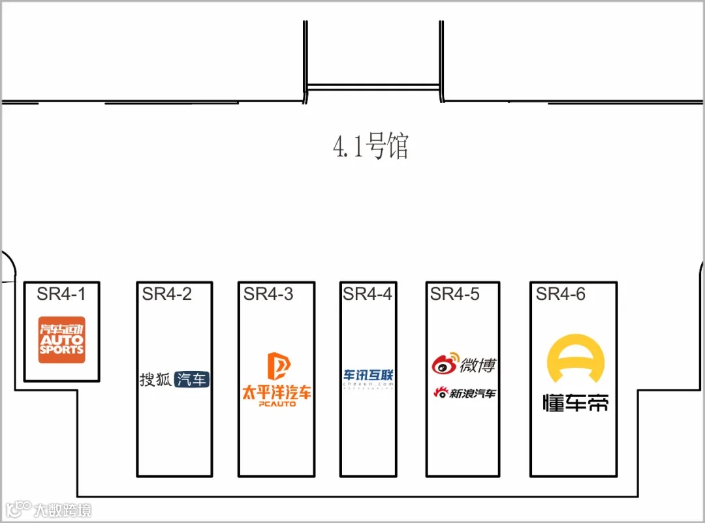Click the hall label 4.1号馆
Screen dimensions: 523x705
[370, 147]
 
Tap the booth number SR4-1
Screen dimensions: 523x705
[61, 294]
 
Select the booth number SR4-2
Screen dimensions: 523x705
[167, 294]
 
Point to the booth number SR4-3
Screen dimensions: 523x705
[268, 294]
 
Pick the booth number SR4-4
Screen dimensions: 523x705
[368, 294]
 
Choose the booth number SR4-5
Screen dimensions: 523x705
[454, 294]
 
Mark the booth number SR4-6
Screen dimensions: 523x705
[561, 294]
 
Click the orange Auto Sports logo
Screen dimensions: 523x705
[62, 340]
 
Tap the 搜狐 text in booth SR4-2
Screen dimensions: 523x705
[155, 380]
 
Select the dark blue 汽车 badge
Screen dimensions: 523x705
[192, 380]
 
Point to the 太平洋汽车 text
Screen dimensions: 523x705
[277, 393]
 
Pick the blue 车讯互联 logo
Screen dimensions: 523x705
[369, 375]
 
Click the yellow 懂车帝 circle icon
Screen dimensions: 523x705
[575, 359]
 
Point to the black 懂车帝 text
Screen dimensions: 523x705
[576, 402]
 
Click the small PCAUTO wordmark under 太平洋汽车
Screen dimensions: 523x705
[277, 404]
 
